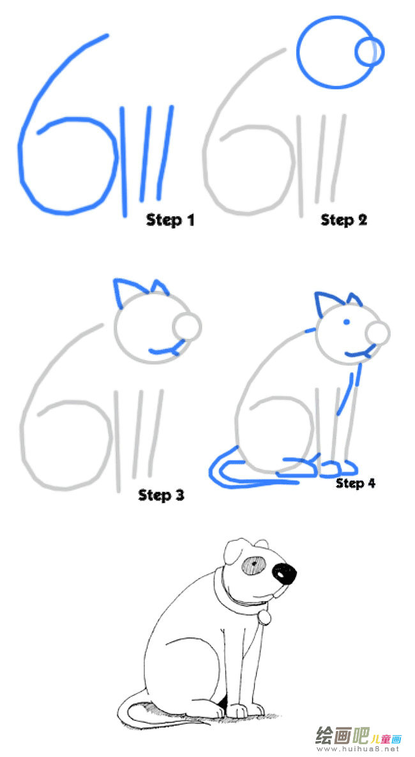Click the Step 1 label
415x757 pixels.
170,220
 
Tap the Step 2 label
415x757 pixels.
344,220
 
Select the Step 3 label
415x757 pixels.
162,495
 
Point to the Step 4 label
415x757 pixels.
356,483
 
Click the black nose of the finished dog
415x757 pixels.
285,574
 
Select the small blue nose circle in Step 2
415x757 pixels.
370,52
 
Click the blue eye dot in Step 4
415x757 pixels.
347,322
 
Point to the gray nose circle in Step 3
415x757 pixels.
186,326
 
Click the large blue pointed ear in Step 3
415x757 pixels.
126,291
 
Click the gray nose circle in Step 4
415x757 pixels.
377,333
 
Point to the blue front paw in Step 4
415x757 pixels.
338,467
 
